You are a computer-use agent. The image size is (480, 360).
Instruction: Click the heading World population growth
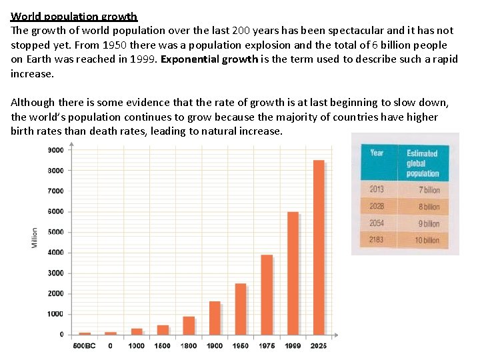click(x=74, y=16)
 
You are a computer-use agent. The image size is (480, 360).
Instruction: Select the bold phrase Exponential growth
click(x=208, y=59)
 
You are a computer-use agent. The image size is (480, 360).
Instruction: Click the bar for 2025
click(x=319, y=247)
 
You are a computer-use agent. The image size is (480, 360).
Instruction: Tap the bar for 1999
click(x=293, y=273)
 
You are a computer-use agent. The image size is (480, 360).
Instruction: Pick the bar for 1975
click(x=267, y=294)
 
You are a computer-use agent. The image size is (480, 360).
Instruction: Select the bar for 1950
click(x=241, y=309)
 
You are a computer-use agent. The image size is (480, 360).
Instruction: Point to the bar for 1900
click(x=215, y=317)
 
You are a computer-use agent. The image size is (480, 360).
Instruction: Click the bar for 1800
click(x=189, y=325)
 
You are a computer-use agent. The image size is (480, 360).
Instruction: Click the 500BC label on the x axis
click(x=85, y=345)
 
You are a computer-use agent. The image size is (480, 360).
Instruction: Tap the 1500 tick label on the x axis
click(x=163, y=345)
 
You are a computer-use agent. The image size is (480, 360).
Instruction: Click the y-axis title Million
click(x=35, y=239)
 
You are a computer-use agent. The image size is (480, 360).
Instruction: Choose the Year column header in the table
click(x=377, y=153)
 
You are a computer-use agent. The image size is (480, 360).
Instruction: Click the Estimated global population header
click(x=423, y=163)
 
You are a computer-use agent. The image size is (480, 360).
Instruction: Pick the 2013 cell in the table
click(x=377, y=189)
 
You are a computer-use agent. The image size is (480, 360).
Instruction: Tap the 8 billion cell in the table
click(x=428, y=207)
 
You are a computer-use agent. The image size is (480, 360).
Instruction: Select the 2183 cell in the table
click(x=377, y=239)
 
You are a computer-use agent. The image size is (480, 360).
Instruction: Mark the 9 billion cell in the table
click(x=428, y=223)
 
